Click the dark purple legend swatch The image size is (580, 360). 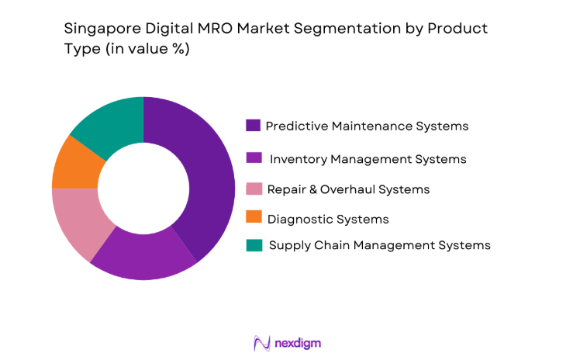(253, 126)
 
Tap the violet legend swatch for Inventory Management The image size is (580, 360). (253, 158)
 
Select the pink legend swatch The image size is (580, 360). (253, 189)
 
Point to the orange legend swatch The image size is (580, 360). (253, 220)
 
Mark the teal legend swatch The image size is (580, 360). (253, 245)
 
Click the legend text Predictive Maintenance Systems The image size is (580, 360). (367, 126)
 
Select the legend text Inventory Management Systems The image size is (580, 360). (368, 159)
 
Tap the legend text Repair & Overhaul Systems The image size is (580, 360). (348, 189)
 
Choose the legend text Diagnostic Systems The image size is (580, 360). (327, 220)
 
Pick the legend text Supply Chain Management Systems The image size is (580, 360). (380, 245)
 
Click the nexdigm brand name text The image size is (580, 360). (299, 342)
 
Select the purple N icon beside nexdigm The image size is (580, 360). (262, 342)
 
